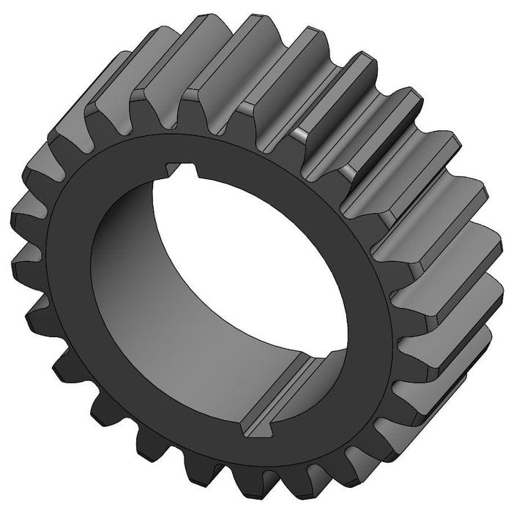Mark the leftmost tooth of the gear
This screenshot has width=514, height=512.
tap(22, 219)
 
